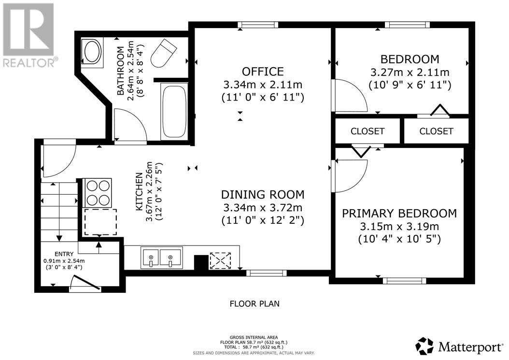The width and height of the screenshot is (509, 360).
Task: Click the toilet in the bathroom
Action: tap(164, 52)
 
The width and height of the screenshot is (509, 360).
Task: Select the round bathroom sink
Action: tap(92, 52)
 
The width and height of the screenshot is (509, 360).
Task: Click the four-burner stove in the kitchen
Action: tap(98, 192)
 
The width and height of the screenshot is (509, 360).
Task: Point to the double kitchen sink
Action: tap(161, 258)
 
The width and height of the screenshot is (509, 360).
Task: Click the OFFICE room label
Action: tap(263, 71)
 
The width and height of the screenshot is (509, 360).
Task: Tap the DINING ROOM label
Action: tap(263, 194)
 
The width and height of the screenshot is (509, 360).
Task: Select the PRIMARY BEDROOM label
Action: tap(399, 213)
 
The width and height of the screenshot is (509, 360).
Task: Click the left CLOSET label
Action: tap(368, 131)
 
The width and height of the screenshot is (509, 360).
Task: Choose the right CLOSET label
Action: tap(436, 131)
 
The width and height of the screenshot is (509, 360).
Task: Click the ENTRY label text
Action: tap(64, 254)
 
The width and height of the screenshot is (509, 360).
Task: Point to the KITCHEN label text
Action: tap(139, 191)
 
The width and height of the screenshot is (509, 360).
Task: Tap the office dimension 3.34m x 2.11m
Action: tap(263, 85)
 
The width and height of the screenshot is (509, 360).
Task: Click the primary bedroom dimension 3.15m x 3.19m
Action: tap(399, 226)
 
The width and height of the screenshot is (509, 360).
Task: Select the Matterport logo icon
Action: tap(425, 346)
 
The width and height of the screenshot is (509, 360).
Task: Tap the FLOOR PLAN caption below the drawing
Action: tap(254, 304)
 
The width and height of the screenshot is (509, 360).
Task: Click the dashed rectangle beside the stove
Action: tap(100, 222)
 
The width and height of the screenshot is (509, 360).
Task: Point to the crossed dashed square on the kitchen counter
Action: tap(220, 260)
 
